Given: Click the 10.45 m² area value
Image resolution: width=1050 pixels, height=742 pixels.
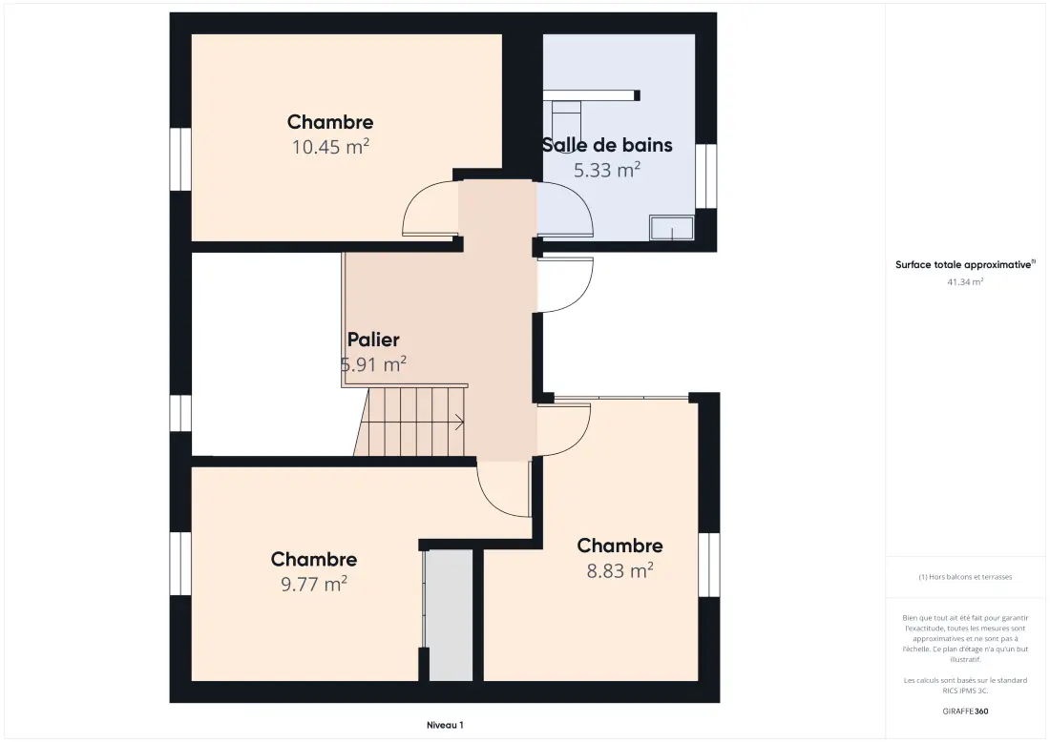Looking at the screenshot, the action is [x=330, y=147].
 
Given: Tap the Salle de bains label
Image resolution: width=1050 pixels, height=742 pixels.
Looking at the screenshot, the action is [x=607, y=145].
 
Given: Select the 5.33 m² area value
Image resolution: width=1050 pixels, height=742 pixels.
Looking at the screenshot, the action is [x=607, y=170].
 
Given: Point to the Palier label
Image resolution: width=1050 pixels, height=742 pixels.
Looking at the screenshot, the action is [x=373, y=340].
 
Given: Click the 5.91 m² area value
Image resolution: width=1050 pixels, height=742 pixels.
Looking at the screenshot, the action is [x=373, y=364].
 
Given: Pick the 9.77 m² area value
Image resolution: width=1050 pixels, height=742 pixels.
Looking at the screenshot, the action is [x=313, y=584].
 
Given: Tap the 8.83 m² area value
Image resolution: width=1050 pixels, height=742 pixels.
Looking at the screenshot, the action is [x=620, y=570].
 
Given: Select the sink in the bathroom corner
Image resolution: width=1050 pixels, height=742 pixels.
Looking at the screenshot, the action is [x=672, y=228].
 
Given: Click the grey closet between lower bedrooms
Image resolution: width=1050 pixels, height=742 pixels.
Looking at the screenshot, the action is [x=451, y=615].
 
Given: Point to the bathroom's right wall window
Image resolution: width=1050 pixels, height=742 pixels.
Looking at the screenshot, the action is [x=705, y=176].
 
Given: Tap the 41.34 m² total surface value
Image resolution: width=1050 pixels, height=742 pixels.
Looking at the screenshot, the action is [x=965, y=282].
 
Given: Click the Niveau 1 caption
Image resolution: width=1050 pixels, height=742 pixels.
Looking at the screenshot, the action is [x=445, y=725].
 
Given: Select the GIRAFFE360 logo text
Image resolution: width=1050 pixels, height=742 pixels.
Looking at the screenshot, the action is [x=965, y=711].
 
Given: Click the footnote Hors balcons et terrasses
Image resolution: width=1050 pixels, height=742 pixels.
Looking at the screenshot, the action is [x=965, y=577].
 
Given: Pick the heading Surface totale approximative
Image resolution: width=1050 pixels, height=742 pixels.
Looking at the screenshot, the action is [x=965, y=265].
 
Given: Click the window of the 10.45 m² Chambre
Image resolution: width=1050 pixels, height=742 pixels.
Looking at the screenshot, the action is [x=180, y=159].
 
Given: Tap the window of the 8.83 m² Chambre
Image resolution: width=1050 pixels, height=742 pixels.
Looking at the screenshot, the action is [x=709, y=565].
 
